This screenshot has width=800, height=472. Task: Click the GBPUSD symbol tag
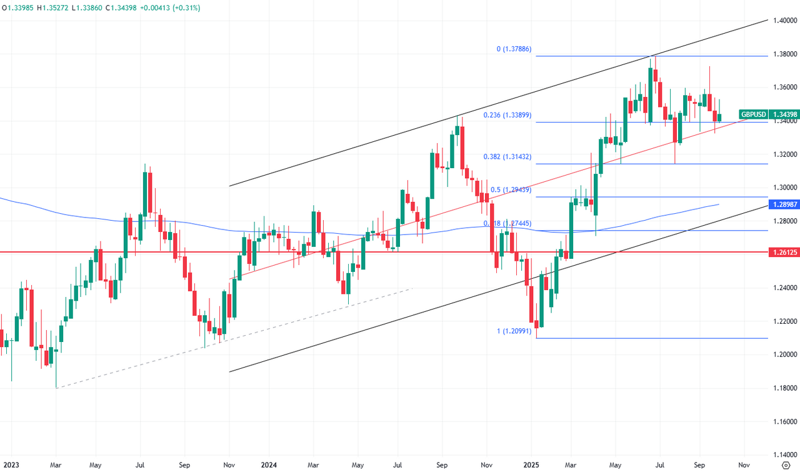[753, 114]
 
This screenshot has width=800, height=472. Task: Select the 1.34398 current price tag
[784, 114]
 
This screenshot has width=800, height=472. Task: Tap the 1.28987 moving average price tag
[784, 204]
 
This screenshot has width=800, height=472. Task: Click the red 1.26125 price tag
[784, 252]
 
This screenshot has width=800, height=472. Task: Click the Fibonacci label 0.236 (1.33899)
[506, 115]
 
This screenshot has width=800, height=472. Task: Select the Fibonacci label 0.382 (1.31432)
[506, 157]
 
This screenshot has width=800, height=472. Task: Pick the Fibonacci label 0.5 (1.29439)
[511, 189]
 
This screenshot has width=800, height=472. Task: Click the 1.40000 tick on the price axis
[784, 21]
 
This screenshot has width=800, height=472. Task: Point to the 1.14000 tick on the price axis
[784, 455]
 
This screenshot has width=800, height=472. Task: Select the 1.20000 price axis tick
[784, 354]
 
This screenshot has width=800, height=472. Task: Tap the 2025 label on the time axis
[531, 465]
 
